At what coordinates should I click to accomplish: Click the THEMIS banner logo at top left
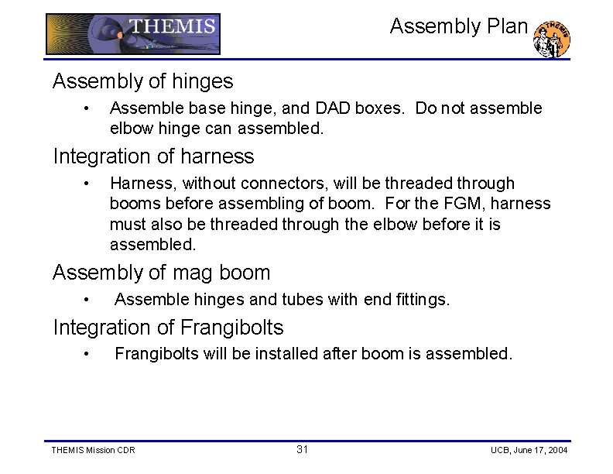tap(133, 34)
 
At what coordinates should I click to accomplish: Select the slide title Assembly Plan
tap(458, 26)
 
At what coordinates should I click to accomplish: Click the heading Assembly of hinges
tap(142, 81)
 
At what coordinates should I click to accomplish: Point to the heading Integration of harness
tap(153, 156)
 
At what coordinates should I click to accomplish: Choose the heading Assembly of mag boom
tap(161, 273)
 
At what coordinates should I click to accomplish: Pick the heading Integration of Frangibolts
tap(168, 328)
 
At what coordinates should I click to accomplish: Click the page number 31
tap(302, 450)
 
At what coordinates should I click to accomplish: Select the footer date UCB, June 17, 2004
tap(529, 451)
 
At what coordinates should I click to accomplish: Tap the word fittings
tap(421, 299)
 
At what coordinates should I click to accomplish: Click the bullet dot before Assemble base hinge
tap(89, 108)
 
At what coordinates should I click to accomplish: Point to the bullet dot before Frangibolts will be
tap(89, 355)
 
